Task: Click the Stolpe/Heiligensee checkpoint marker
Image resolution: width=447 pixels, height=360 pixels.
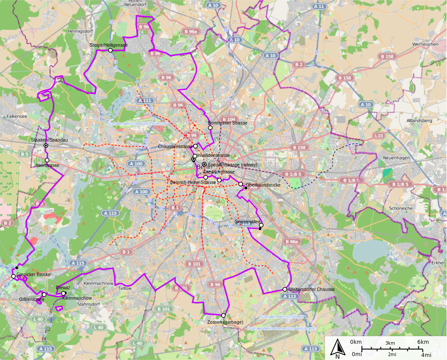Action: pos(110,50)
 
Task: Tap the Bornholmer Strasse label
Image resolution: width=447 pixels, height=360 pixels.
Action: pos(227,123)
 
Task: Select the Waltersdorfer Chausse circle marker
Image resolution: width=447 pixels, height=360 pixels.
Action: pos(285,289)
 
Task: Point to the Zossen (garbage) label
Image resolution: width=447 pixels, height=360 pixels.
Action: pos(225,322)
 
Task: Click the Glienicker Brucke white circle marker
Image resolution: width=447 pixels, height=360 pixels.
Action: pos(14,276)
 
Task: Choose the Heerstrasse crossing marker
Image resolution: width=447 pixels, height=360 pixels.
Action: pos(47,160)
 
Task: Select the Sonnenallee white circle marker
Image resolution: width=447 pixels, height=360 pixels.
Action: pos(261,225)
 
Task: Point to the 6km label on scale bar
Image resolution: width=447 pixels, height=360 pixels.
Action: pos(423,342)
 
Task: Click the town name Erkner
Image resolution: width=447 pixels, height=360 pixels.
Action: pos(437,263)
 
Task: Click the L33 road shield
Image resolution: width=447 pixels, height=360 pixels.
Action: pos(379,136)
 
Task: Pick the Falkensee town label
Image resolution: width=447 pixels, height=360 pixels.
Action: pos(17,117)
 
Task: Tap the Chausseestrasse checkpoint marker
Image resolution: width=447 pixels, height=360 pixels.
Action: pos(196,146)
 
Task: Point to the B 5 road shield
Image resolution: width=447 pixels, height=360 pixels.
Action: pos(24,154)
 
